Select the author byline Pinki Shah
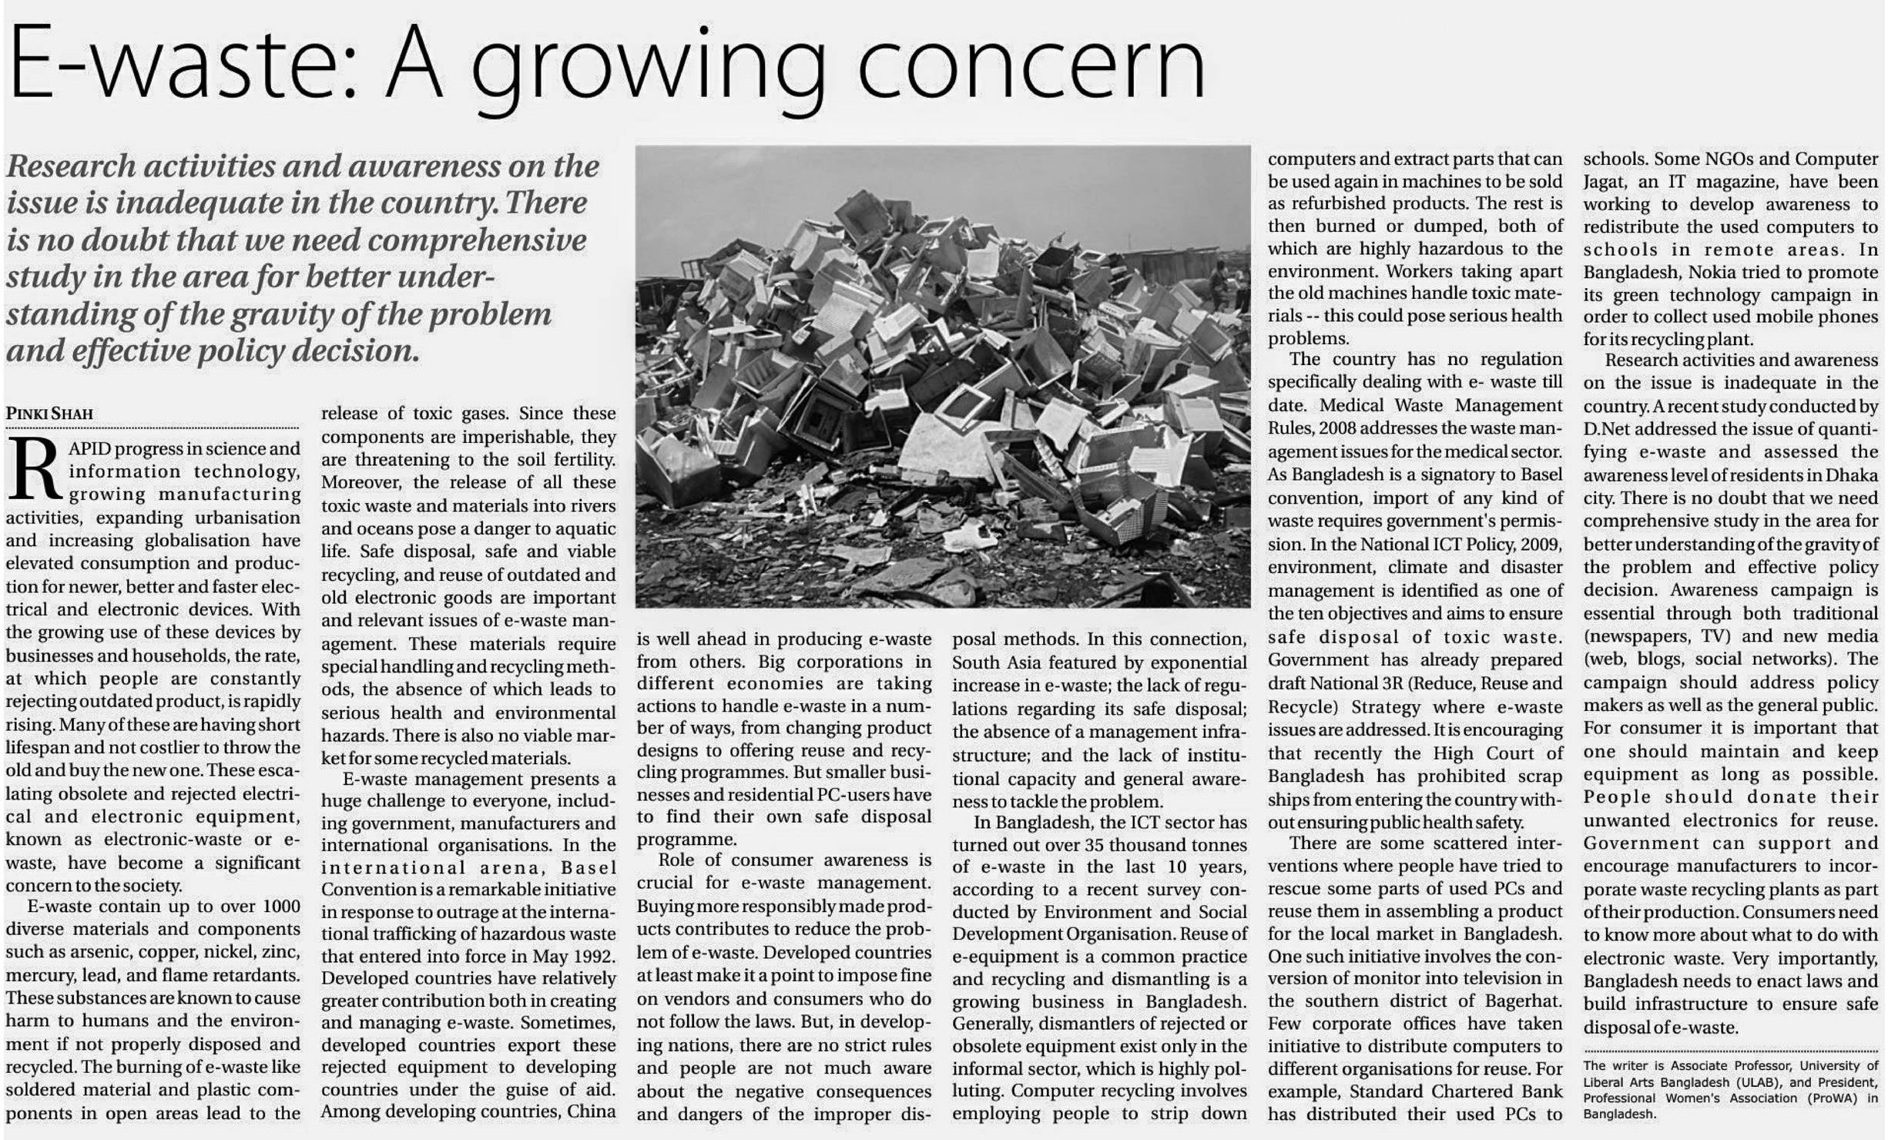[x=49, y=414]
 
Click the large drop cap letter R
[x=34, y=469]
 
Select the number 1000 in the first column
[x=280, y=907]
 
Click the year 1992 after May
[x=594, y=957]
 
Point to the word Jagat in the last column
[x=1605, y=182]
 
